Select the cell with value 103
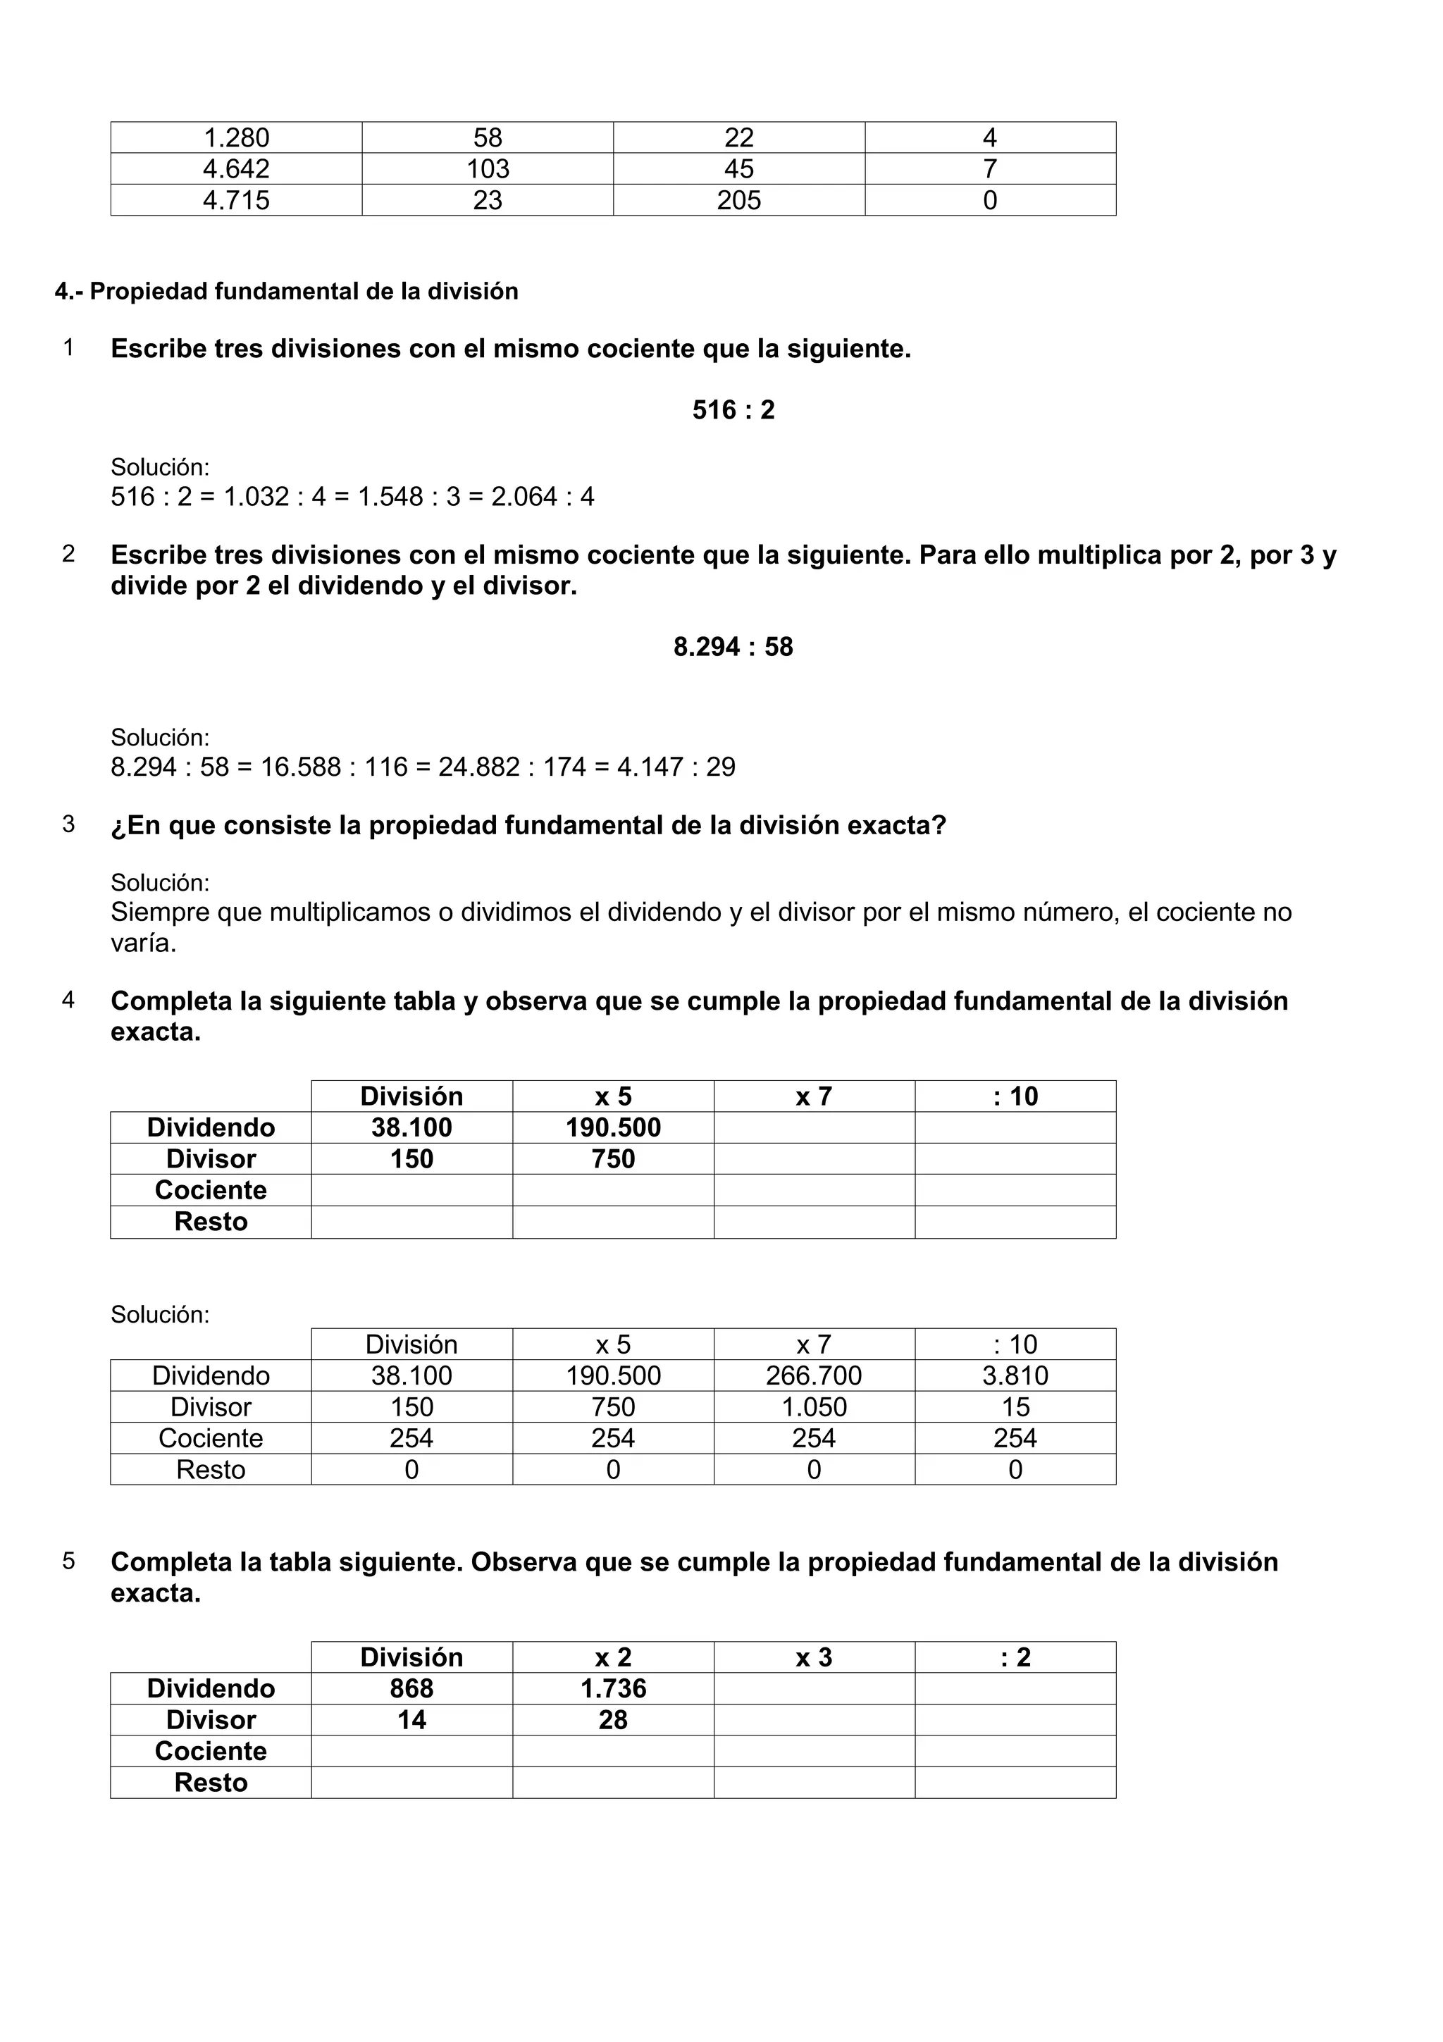(487, 169)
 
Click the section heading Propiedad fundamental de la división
(286, 292)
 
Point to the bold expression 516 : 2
(733, 410)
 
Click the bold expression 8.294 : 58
(733, 647)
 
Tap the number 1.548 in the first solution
(390, 496)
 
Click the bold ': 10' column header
(1015, 1096)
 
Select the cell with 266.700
(814, 1376)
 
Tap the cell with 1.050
(814, 1407)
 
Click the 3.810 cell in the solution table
(1015, 1376)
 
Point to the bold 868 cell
(411, 1688)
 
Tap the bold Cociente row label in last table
(211, 1750)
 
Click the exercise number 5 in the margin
(68, 1561)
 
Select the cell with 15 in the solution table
(1015, 1407)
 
